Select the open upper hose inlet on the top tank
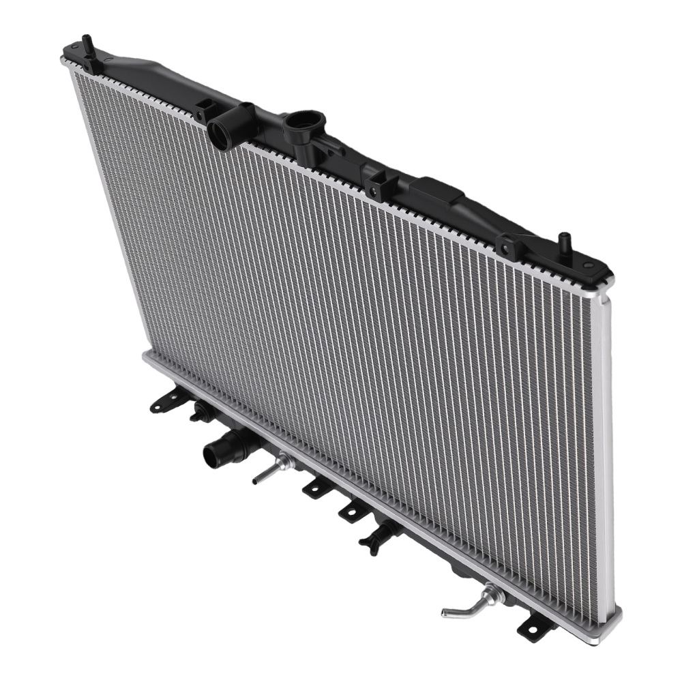(221, 132)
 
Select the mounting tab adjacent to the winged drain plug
(353, 510)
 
